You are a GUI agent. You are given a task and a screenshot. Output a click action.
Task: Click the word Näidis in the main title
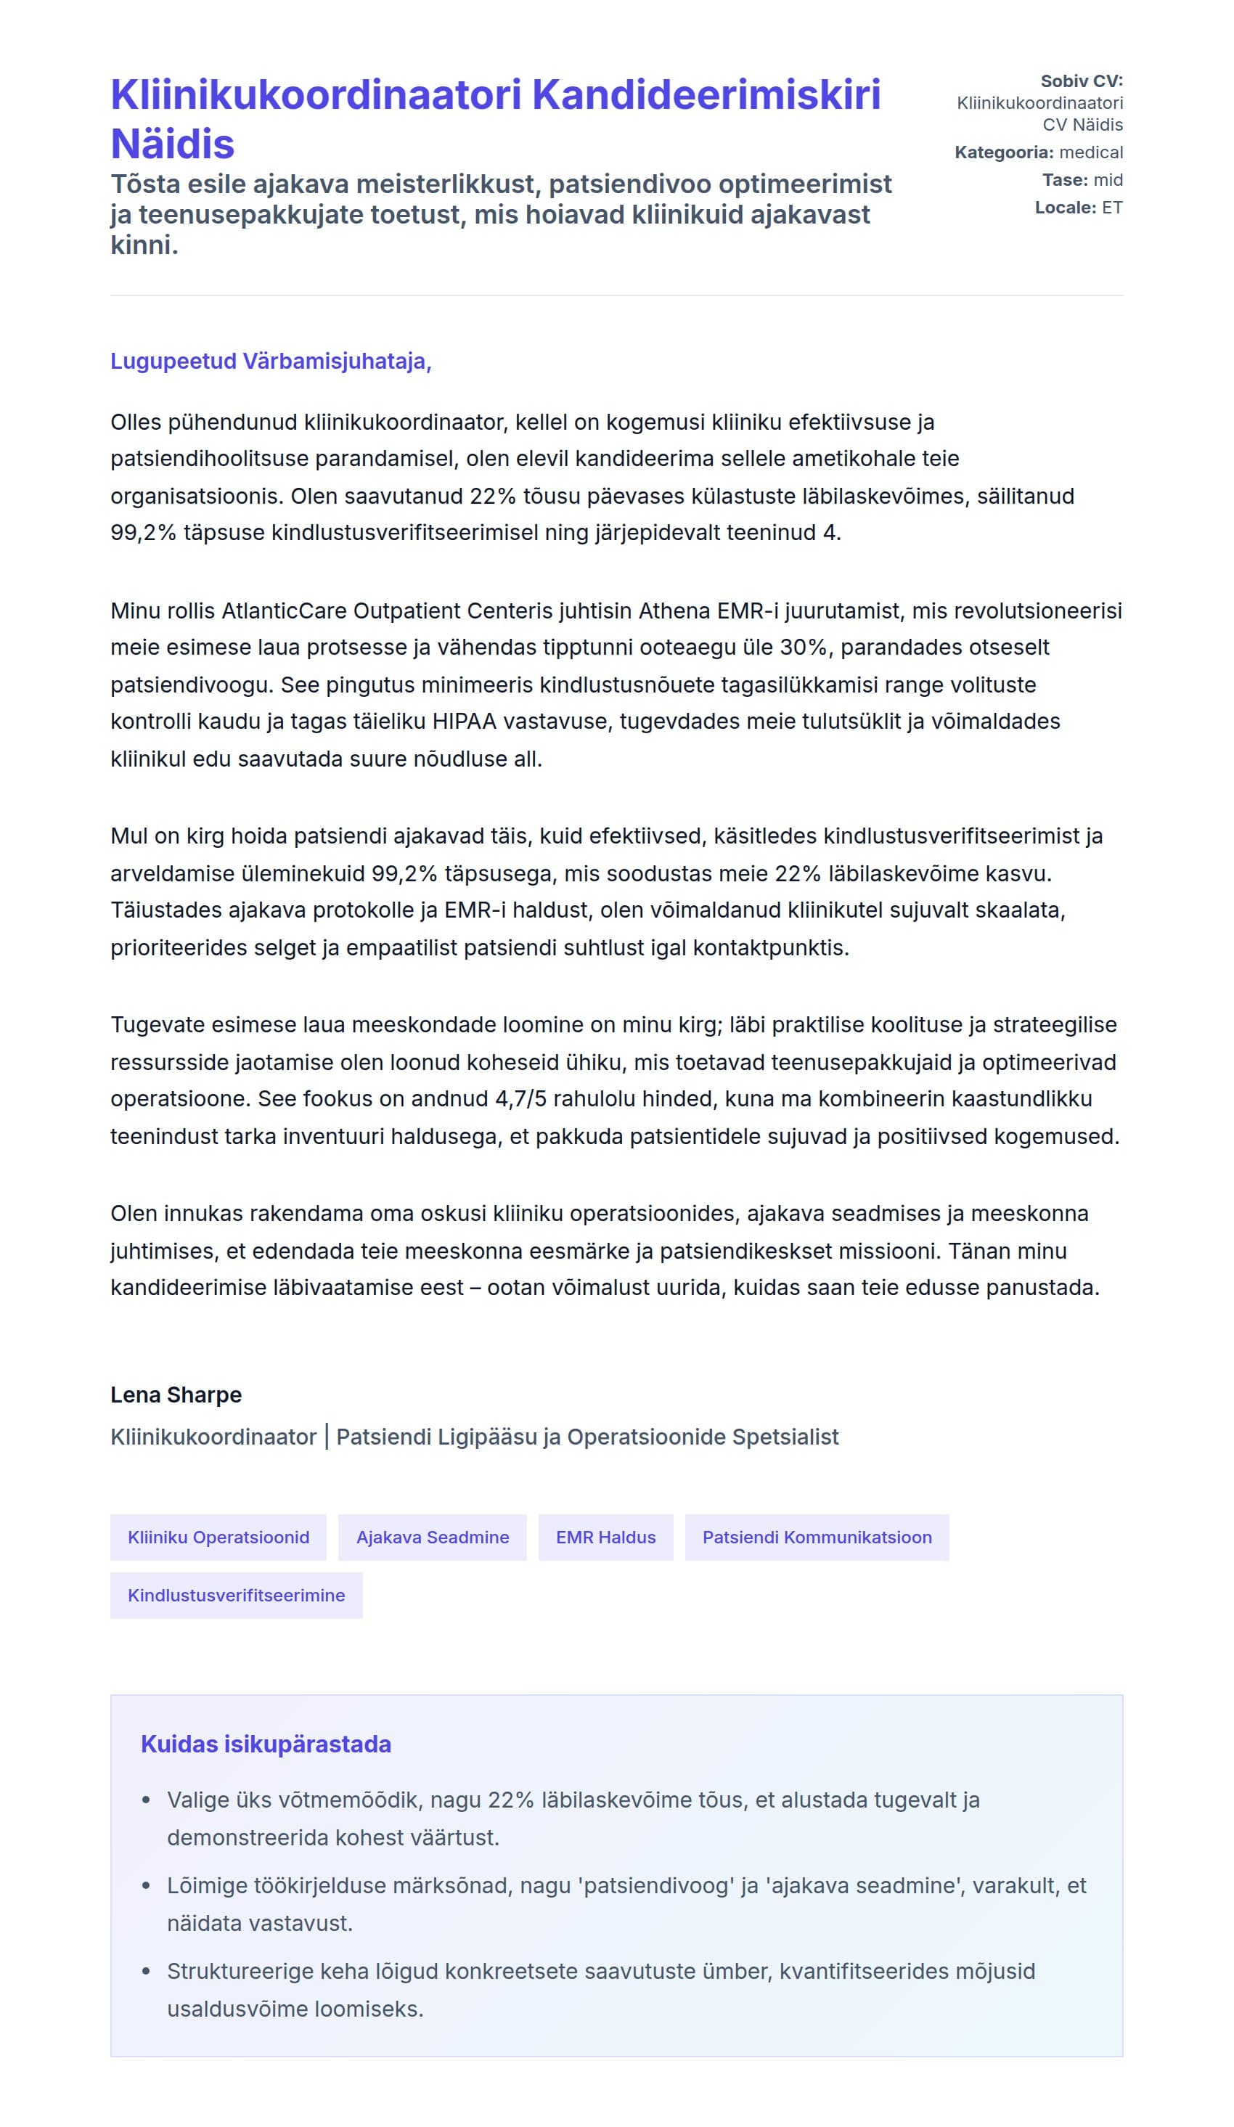(172, 144)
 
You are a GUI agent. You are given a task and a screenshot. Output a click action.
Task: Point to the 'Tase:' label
(1064, 180)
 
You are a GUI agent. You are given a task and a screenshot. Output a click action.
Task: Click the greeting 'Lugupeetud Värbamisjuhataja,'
(271, 362)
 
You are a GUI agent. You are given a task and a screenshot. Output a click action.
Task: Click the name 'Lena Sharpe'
(176, 1395)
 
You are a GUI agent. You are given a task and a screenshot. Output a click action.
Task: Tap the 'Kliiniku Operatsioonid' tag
(218, 1537)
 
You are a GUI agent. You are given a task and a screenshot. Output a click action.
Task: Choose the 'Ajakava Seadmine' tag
(432, 1537)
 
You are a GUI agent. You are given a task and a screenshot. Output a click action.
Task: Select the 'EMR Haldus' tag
(605, 1537)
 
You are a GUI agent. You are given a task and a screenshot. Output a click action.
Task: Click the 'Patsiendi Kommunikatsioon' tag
(816, 1537)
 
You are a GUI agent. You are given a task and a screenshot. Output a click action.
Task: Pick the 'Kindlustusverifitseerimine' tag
(237, 1596)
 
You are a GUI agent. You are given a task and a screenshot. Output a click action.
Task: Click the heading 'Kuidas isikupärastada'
(266, 1744)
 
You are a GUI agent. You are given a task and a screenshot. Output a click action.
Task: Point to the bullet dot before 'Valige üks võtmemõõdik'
(146, 1800)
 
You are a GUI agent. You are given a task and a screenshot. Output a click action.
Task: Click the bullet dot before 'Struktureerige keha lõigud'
(146, 1972)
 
